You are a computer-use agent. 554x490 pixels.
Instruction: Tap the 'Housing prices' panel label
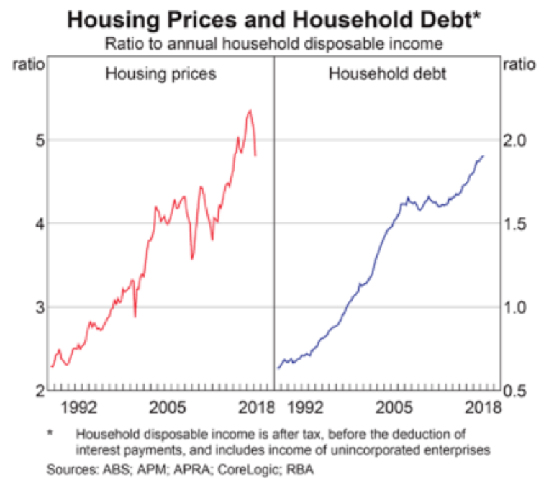[160, 73]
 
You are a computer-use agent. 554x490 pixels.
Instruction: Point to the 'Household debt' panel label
[386, 73]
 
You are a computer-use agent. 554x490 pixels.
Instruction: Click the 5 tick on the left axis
[34, 140]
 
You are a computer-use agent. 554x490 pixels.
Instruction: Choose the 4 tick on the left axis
[34, 224]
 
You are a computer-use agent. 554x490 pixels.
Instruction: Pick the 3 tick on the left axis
[34, 307]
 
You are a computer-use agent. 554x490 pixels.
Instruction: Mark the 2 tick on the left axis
[34, 391]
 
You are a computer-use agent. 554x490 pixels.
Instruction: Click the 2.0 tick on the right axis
[519, 140]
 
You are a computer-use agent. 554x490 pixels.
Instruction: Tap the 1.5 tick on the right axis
[519, 224]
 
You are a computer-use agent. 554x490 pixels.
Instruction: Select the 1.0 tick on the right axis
[519, 307]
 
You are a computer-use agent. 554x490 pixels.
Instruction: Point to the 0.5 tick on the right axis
[519, 391]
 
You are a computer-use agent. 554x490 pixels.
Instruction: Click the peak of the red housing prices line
[249, 110]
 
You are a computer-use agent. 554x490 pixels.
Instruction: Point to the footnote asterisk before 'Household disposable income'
[50, 433]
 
